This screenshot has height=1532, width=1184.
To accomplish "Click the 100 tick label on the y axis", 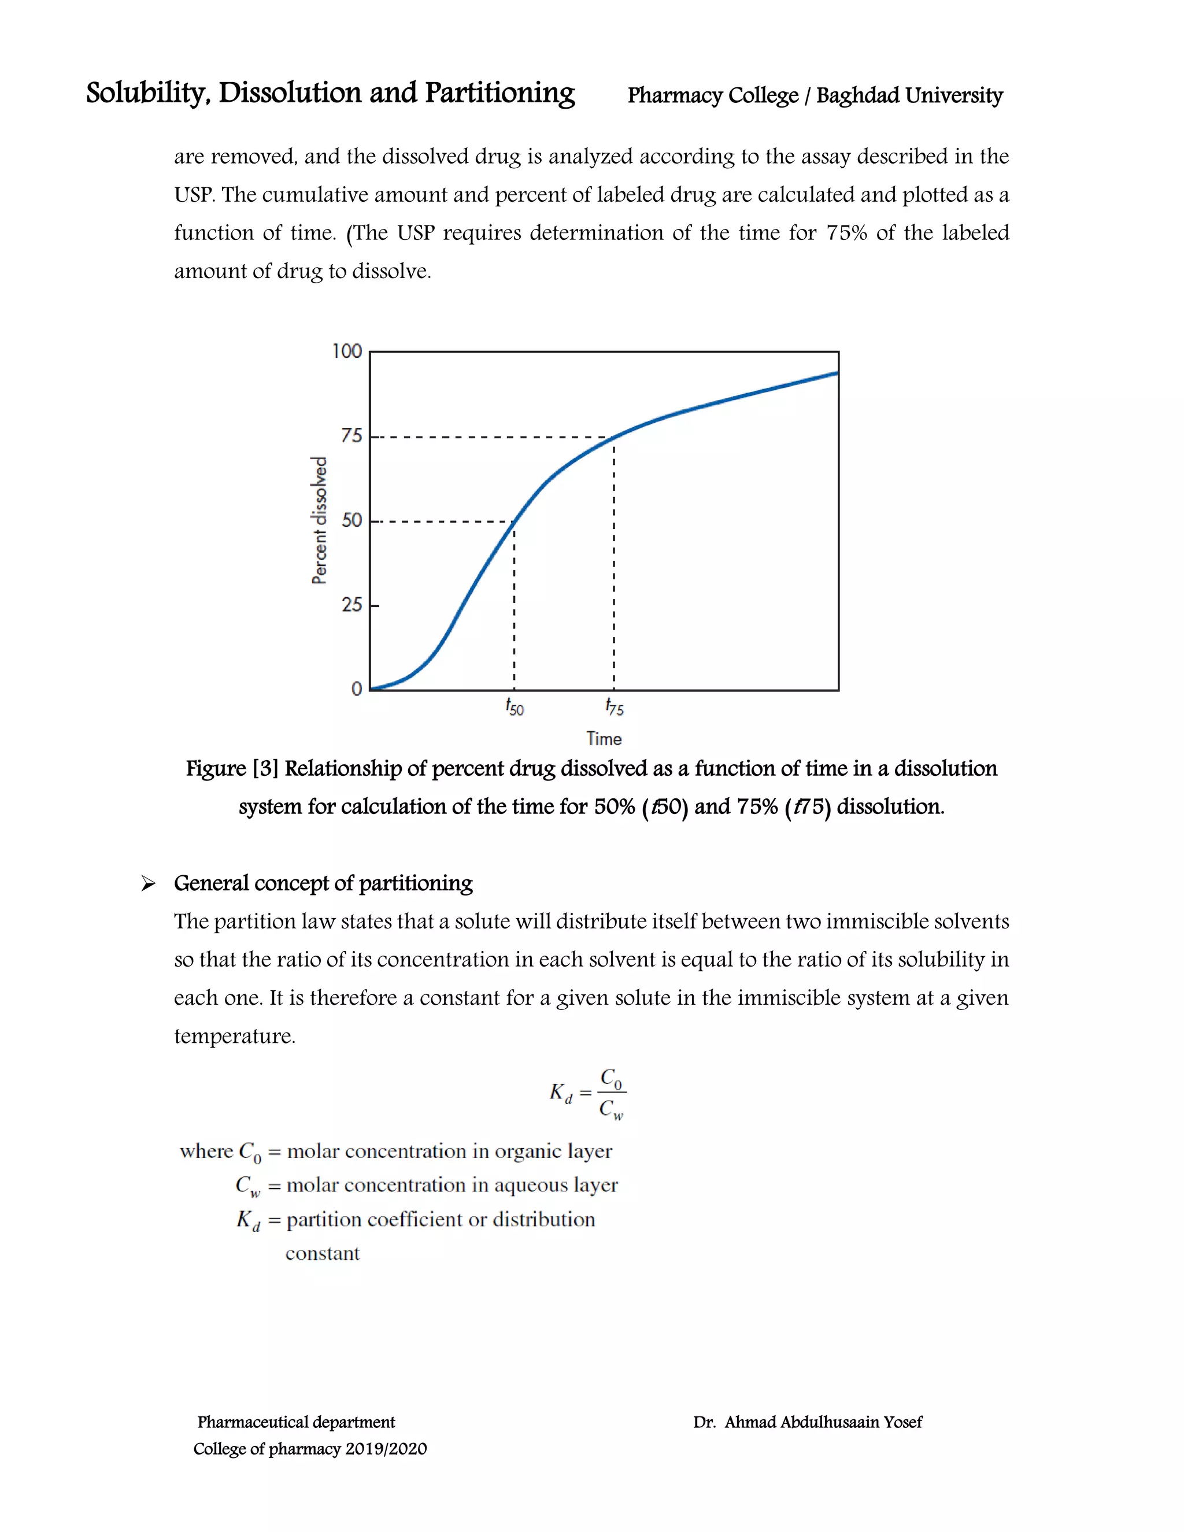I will click(x=346, y=351).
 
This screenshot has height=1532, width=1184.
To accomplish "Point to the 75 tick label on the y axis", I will click(x=351, y=436).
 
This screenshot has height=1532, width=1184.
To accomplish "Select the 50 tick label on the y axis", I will click(x=351, y=520).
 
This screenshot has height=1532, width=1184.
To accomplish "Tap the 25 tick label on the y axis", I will click(x=351, y=605).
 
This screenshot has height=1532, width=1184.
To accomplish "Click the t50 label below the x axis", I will click(x=514, y=707).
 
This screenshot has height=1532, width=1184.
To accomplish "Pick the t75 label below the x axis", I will click(x=615, y=707).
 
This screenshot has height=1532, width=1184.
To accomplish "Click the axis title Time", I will click(x=604, y=739).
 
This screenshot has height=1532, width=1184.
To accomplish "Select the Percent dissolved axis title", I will click(x=319, y=520).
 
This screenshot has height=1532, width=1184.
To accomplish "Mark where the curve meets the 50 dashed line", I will click(x=514, y=521).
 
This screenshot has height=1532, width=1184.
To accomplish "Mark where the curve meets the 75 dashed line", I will click(x=615, y=437).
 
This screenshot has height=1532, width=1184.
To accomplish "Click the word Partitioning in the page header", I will click(x=499, y=93).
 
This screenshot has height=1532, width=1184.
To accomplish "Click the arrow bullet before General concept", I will click(x=148, y=884).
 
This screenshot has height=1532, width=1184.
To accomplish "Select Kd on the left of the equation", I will click(x=560, y=1092).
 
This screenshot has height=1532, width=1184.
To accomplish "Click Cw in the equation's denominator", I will click(x=611, y=1110).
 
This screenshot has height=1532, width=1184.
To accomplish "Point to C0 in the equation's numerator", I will click(x=611, y=1078).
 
